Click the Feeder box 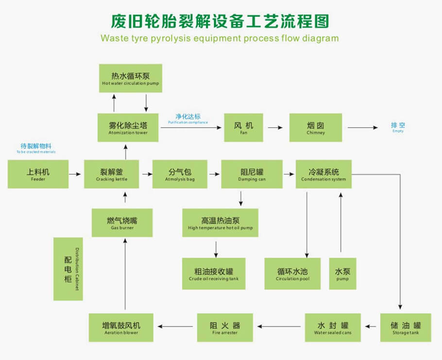(38, 174)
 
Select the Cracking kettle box (112, 174)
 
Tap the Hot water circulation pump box (130, 78)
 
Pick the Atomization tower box (128, 128)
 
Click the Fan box (243, 128)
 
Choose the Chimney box (316, 128)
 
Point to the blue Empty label (398, 128)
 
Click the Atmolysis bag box (180, 174)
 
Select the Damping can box (252, 174)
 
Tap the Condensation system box (323, 174)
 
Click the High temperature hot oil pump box (220, 223)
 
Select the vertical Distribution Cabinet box (68, 269)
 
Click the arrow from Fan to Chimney (275, 128)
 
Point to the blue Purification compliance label (188, 119)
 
